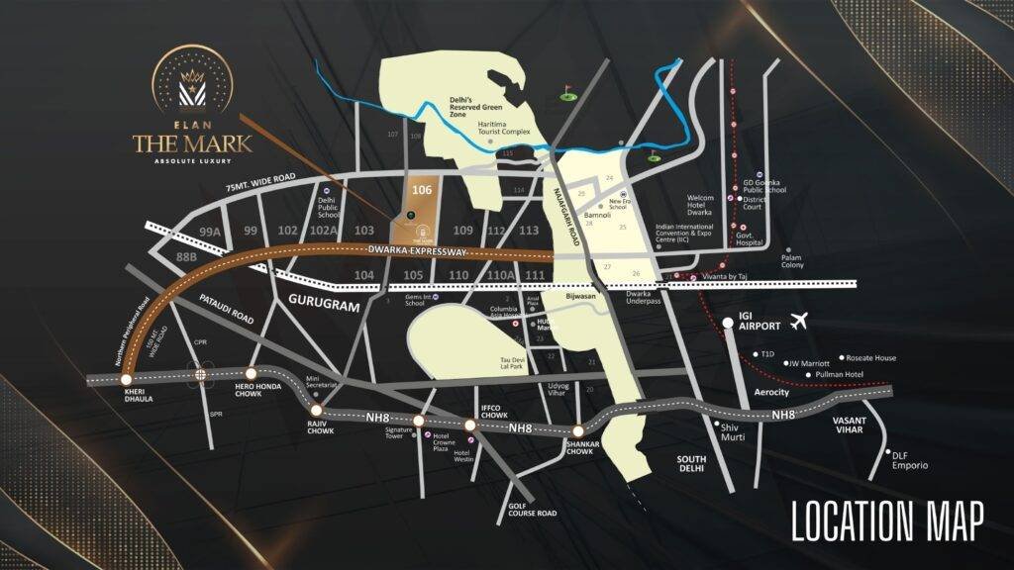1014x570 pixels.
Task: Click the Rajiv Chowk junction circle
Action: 316,410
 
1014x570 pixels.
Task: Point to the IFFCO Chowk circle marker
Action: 470,426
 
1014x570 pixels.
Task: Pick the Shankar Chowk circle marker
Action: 577,430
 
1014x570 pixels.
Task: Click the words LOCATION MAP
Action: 887,522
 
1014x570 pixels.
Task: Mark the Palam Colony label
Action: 792,262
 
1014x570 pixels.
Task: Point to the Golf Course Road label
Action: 532,509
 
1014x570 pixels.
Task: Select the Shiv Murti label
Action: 733,431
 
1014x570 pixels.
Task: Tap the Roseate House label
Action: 871,358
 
